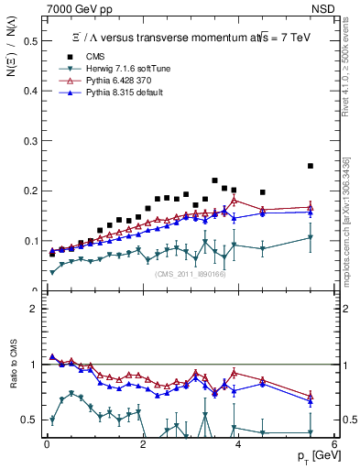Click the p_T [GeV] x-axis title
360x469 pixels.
click(x=315, y=455)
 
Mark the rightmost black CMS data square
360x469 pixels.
click(x=311, y=166)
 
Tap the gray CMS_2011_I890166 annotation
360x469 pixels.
click(x=190, y=274)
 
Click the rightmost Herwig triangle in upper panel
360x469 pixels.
click(x=311, y=237)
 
